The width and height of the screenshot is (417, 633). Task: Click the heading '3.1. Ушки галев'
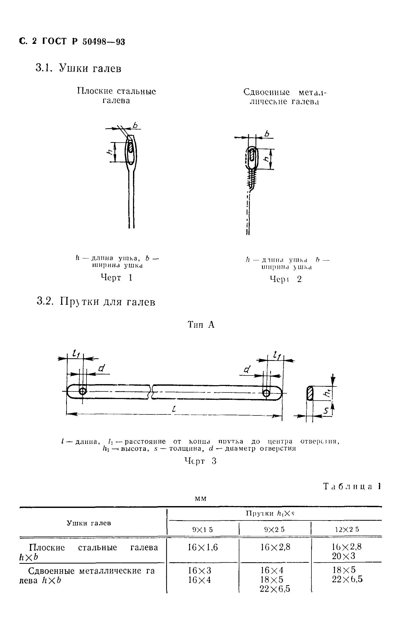78,68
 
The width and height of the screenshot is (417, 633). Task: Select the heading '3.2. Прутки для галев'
96,302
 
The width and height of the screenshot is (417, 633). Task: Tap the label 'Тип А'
201,325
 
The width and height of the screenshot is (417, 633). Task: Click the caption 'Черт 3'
200,461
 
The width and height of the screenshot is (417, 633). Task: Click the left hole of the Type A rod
83,391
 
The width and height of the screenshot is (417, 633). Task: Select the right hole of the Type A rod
266,393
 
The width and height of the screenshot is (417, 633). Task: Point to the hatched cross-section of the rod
310,393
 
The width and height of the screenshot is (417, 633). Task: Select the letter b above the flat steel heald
136,125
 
